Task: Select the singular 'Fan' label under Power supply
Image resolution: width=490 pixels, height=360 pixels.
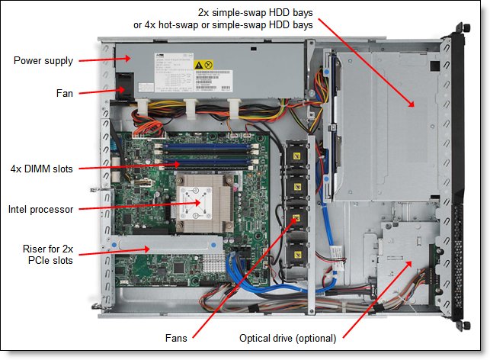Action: [x=63, y=93]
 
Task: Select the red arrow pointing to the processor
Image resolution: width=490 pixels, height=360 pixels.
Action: [x=137, y=206]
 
